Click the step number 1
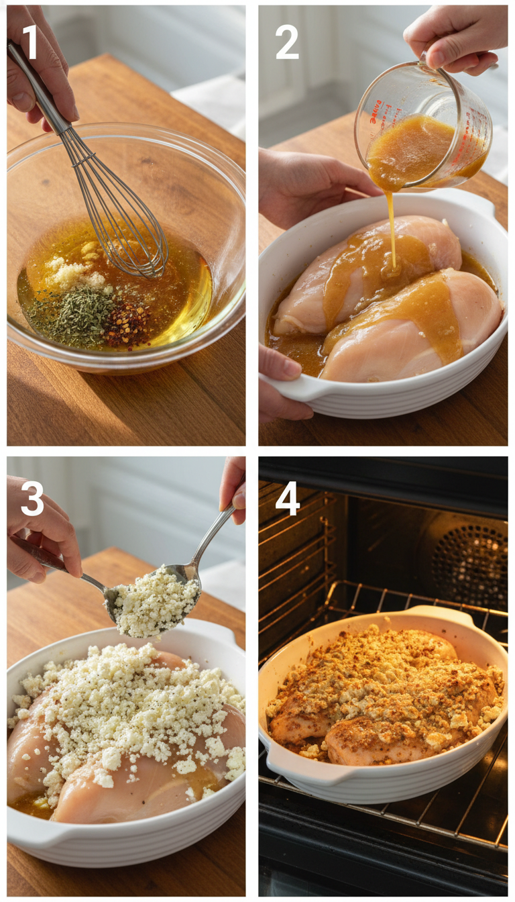point(30,42)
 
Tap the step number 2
point(287,42)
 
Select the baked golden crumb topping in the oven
point(382,685)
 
